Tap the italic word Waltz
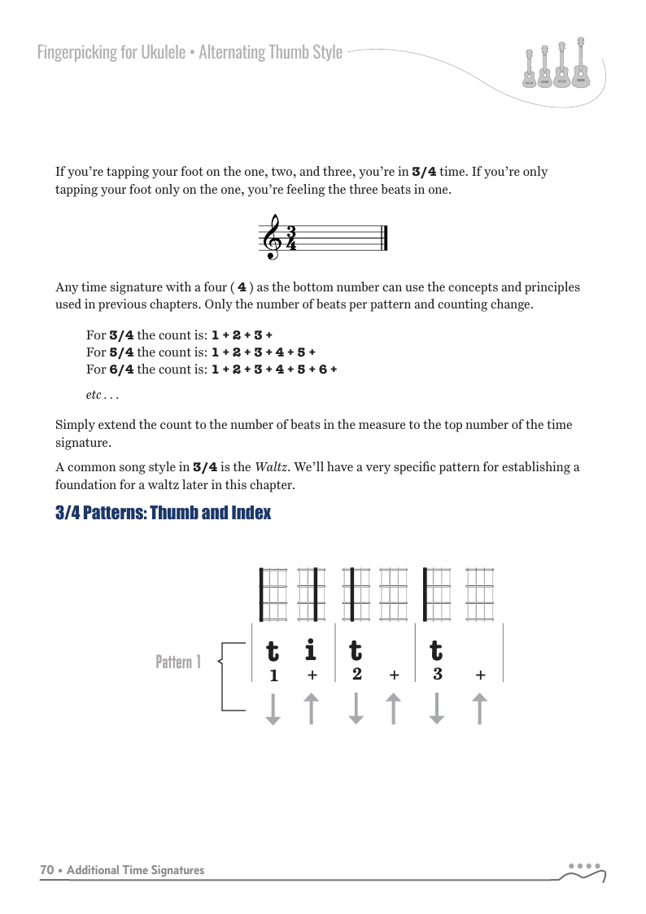click(268, 467)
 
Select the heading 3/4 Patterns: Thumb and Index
click(163, 514)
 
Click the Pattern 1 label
click(177, 663)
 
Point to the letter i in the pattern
click(310, 651)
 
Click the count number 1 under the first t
click(273, 676)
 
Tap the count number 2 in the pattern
click(357, 674)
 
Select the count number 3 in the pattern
click(438, 674)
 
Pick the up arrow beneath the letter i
click(311, 708)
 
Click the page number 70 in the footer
click(47, 870)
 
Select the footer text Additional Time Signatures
click(135, 870)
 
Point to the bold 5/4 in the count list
click(121, 352)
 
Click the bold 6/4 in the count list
click(121, 369)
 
